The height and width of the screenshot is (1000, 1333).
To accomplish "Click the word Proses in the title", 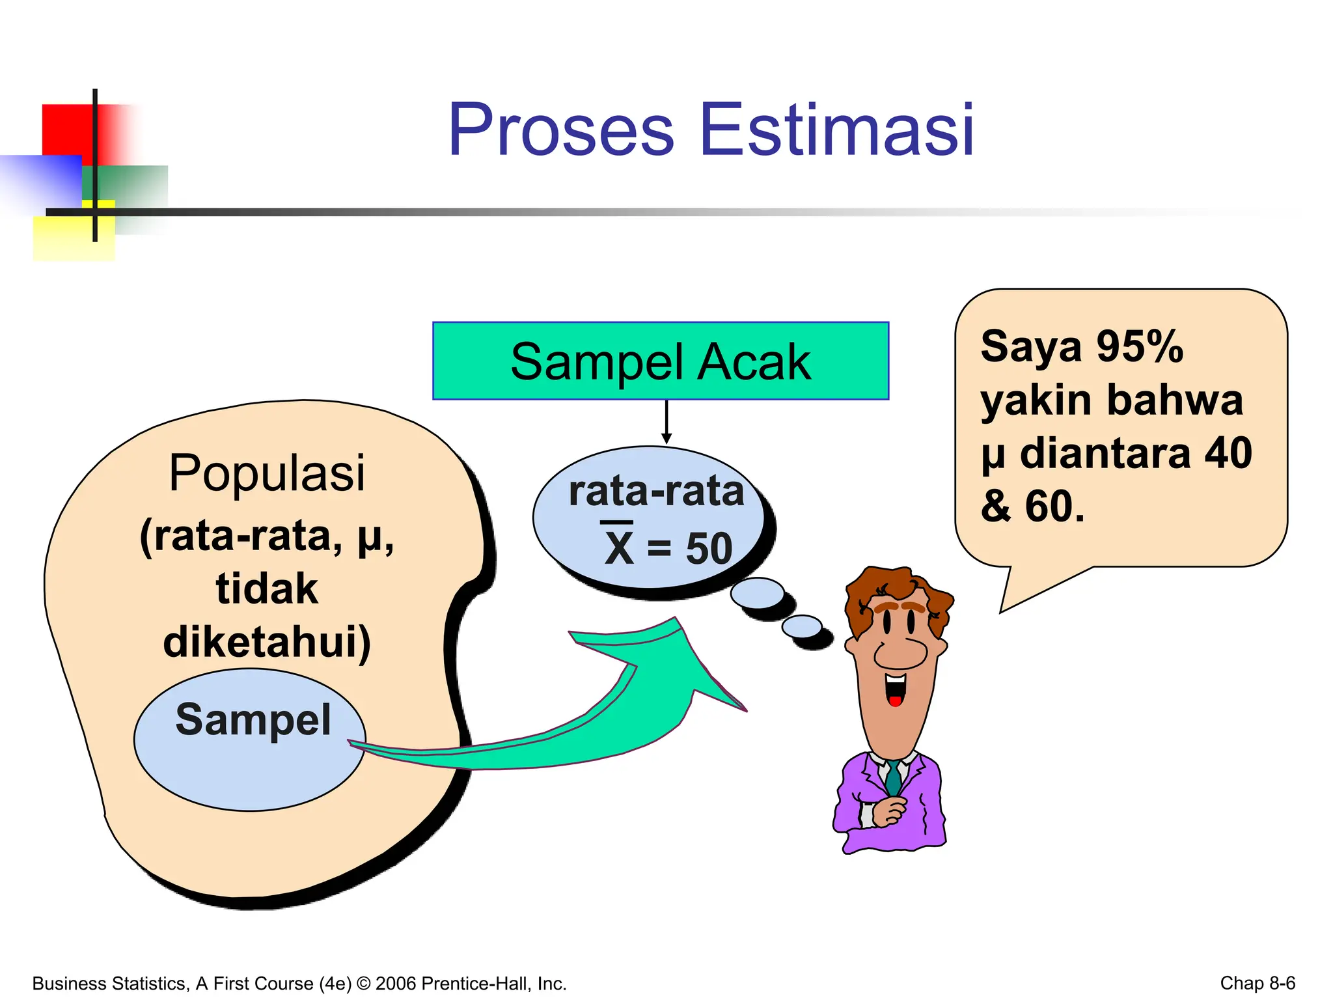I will coord(561,130).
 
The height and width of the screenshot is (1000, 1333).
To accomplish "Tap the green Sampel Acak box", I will coord(660,361).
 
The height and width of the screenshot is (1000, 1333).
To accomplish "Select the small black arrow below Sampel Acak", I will coord(666,423).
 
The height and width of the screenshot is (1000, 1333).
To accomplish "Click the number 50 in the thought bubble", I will coord(709,548).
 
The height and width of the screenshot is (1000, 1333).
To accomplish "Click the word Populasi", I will coord(267,473).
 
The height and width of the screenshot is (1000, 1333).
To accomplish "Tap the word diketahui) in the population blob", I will coord(267,642).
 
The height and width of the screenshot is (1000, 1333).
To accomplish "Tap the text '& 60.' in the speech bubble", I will coord(1032,507).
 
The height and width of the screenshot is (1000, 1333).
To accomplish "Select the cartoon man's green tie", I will coord(893,778).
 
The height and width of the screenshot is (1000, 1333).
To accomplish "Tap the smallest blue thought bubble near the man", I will coord(801,626).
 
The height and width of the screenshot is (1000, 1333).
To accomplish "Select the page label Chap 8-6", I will coord(1257,983).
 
